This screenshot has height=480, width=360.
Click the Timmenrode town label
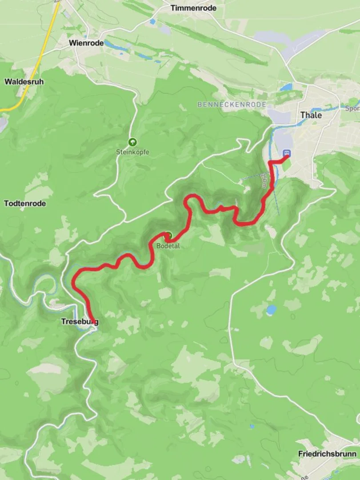tap(193, 8)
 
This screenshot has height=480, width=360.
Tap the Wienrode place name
tap(86, 43)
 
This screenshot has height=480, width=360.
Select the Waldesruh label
tap(24, 81)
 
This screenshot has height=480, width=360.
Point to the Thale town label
tap(311, 115)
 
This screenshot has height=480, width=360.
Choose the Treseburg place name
tap(80, 321)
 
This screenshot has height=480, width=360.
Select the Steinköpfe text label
tap(132, 152)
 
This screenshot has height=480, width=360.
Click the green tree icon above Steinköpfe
tap(132, 142)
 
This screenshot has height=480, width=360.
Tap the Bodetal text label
tap(168, 246)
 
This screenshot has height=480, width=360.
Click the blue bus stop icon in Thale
tap(287, 153)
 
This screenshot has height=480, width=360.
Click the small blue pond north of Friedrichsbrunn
tap(271, 309)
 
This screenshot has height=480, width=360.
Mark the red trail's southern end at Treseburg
tap(92, 319)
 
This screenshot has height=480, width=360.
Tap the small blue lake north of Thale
tap(286, 87)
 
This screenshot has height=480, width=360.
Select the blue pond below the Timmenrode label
tap(152, 21)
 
